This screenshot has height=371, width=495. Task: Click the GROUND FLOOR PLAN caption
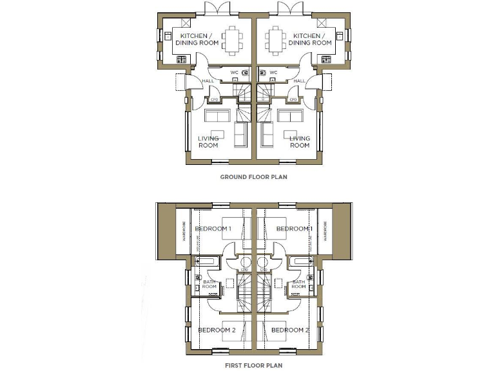253,176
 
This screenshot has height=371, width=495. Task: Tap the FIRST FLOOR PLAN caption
253,365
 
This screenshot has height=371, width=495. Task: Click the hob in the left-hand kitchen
182,60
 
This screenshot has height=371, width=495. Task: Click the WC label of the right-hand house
273,72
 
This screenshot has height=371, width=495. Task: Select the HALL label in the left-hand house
208,81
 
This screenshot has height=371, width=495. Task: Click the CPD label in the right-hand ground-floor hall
293,100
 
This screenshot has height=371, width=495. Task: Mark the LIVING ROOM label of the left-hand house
208,142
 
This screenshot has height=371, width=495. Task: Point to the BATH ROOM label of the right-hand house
298,284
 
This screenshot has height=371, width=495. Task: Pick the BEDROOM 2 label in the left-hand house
217,330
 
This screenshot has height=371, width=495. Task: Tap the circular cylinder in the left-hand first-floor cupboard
244,263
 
